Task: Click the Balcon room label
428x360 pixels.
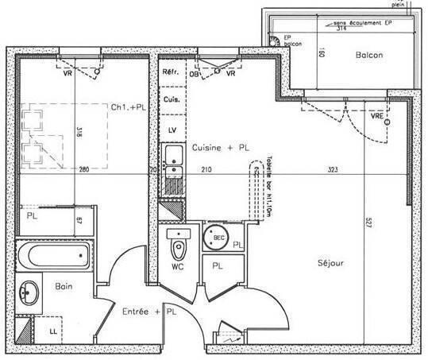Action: [370, 55]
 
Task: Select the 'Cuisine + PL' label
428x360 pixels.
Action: [220, 148]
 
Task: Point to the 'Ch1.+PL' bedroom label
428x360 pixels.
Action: [127, 107]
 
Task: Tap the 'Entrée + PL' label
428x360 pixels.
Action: [148, 313]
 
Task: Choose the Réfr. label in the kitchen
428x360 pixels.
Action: [170, 72]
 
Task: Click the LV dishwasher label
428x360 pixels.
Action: [171, 128]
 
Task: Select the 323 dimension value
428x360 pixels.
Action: [334, 170]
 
